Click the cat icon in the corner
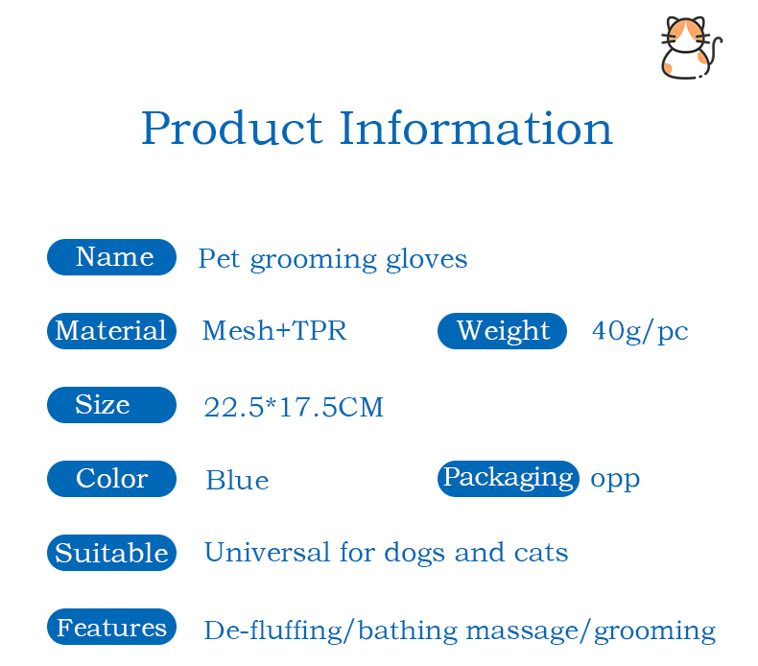point(690,48)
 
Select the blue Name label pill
point(112,257)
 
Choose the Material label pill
point(112,331)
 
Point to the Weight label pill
point(503,331)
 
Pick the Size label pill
point(112,405)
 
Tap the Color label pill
point(112,479)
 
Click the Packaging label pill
point(508,478)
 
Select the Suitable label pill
point(112,553)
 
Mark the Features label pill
point(112,628)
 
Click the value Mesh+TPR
point(274,331)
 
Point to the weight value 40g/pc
point(640,331)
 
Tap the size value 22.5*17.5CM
point(294,408)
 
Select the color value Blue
point(237,481)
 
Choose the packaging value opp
point(615,479)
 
